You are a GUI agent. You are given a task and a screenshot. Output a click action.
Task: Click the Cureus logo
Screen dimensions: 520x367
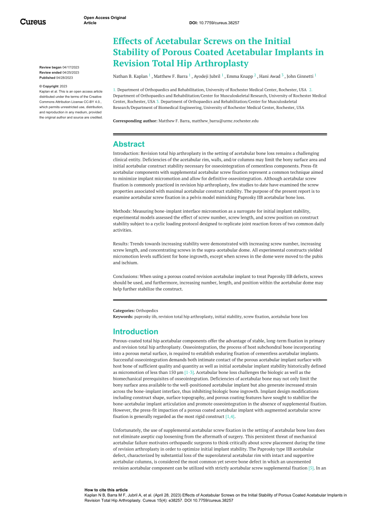pyautogui.click(x=33, y=22)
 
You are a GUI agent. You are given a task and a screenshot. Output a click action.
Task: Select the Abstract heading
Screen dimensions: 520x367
pyautogui.click(x=129, y=144)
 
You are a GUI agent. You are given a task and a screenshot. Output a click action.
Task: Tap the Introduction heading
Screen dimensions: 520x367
pyautogui.click(x=135, y=332)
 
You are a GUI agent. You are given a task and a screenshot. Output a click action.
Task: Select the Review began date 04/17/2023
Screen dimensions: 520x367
pyautogui.click(x=71, y=68)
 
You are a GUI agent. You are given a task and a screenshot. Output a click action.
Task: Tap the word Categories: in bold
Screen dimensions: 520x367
pyautogui.click(x=124, y=310)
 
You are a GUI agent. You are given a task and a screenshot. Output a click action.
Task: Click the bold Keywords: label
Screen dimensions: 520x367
pyautogui.click(x=123, y=316)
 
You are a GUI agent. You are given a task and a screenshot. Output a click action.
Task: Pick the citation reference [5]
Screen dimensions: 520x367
pyautogui.click(x=310, y=468)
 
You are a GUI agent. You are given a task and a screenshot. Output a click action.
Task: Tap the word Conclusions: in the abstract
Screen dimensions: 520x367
pyautogui.click(x=127, y=276)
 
